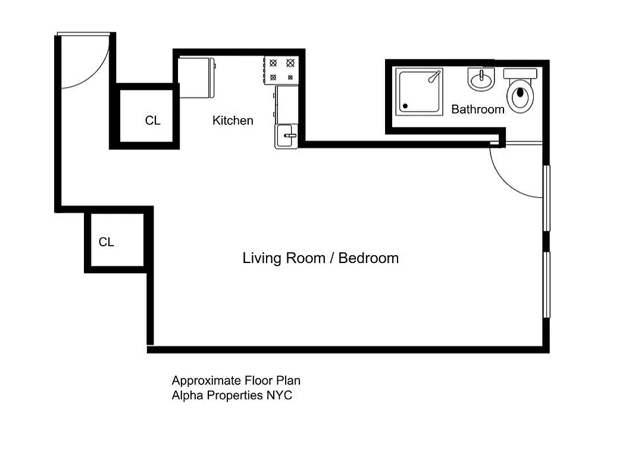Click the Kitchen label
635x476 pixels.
point(233,121)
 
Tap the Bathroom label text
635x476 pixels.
point(477,109)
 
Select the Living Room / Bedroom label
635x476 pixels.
point(320,258)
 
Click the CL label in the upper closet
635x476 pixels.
point(152,121)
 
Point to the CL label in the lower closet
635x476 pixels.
point(106,242)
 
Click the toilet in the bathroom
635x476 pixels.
point(521,95)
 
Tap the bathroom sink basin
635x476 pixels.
point(481,80)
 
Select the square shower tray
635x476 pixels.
point(420,92)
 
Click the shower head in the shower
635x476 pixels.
point(435,76)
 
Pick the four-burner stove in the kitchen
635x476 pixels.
point(281,70)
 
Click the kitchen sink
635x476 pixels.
point(286,136)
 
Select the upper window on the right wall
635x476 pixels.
point(546,198)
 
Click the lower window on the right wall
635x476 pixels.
point(546,285)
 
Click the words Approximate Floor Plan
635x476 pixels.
point(240,381)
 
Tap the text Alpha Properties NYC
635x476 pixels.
point(232,396)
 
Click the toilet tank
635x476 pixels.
point(520,73)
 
